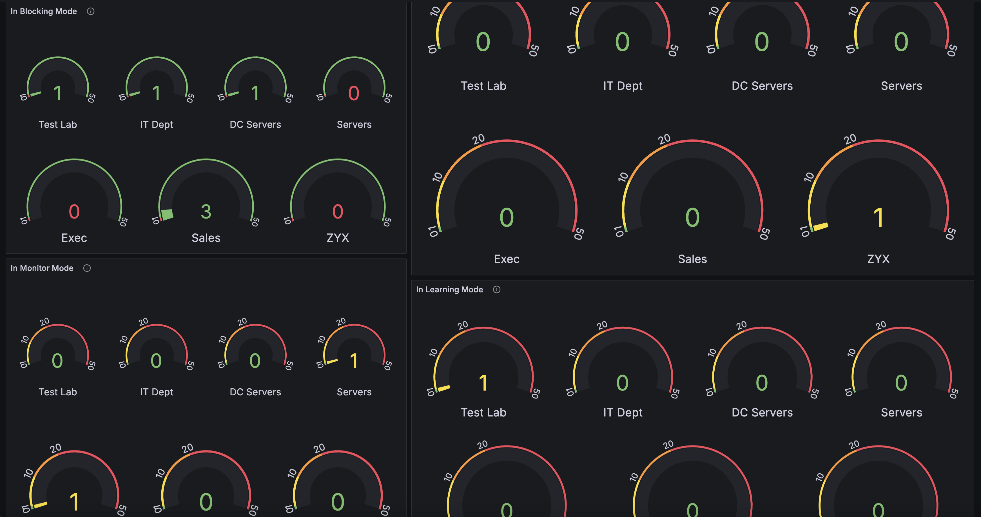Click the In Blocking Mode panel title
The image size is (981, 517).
click(43, 12)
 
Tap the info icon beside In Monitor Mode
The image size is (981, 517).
click(87, 268)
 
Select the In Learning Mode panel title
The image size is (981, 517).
click(449, 289)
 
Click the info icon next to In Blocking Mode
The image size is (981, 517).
click(90, 12)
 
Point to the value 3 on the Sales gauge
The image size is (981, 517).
click(206, 212)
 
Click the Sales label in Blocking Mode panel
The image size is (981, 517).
click(206, 238)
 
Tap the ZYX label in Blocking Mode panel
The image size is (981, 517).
click(337, 238)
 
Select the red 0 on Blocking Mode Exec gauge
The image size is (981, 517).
click(74, 212)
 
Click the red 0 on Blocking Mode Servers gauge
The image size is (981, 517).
click(354, 93)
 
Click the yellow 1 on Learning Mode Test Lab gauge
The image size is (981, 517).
click(483, 383)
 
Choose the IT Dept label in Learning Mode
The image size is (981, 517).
click(623, 412)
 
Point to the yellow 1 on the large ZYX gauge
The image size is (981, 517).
click(878, 218)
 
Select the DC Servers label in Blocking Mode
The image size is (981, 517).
click(255, 124)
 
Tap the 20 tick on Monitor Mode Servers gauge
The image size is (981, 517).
click(341, 321)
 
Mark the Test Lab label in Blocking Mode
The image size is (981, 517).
click(58, 124)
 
